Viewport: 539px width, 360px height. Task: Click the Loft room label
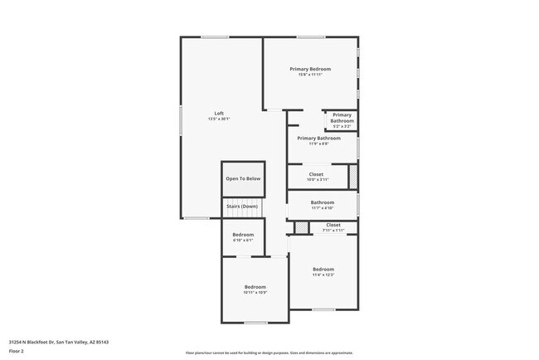pos(219,113)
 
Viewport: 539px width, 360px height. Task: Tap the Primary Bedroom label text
pos(310,68)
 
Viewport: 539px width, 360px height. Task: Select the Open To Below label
pos(243,178)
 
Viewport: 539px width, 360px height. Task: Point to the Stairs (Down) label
pos(243,207)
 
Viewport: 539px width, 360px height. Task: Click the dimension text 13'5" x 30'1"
pos(219,119)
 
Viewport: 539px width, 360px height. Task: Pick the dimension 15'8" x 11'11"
pos(310,74)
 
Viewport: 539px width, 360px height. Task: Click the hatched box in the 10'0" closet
pos(352,177)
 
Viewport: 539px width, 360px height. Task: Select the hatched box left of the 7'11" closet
pos(301,227)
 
